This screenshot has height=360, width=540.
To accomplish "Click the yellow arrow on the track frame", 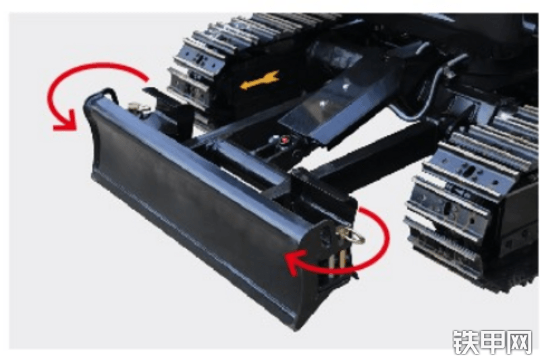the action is point(259,80).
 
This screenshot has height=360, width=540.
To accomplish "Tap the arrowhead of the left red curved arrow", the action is point(65,122).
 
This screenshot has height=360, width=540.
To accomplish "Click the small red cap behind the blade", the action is point(285,140).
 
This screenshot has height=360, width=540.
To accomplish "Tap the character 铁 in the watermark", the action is point(465,342).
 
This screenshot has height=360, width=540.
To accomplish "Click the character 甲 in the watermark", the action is point(492,342).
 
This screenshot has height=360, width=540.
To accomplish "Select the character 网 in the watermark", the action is point(519,342).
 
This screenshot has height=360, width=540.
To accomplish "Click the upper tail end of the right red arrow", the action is point(360,209).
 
